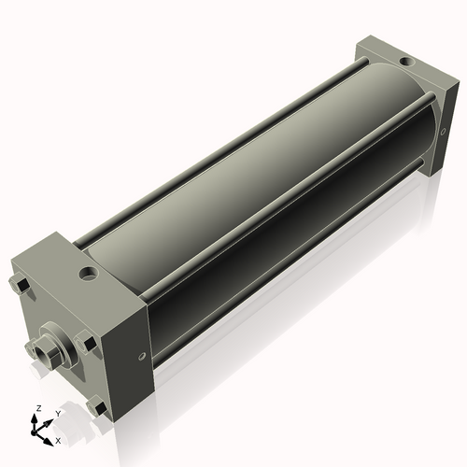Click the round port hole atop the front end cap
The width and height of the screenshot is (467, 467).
(x=89, y=275)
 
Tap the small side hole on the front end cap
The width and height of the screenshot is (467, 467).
(x=142, y=355)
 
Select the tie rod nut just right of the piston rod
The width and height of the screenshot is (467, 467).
(x=89, y=346)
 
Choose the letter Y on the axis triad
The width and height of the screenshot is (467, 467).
(x=58, y=413)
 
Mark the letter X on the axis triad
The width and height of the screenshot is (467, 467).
(x=59, y=439)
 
